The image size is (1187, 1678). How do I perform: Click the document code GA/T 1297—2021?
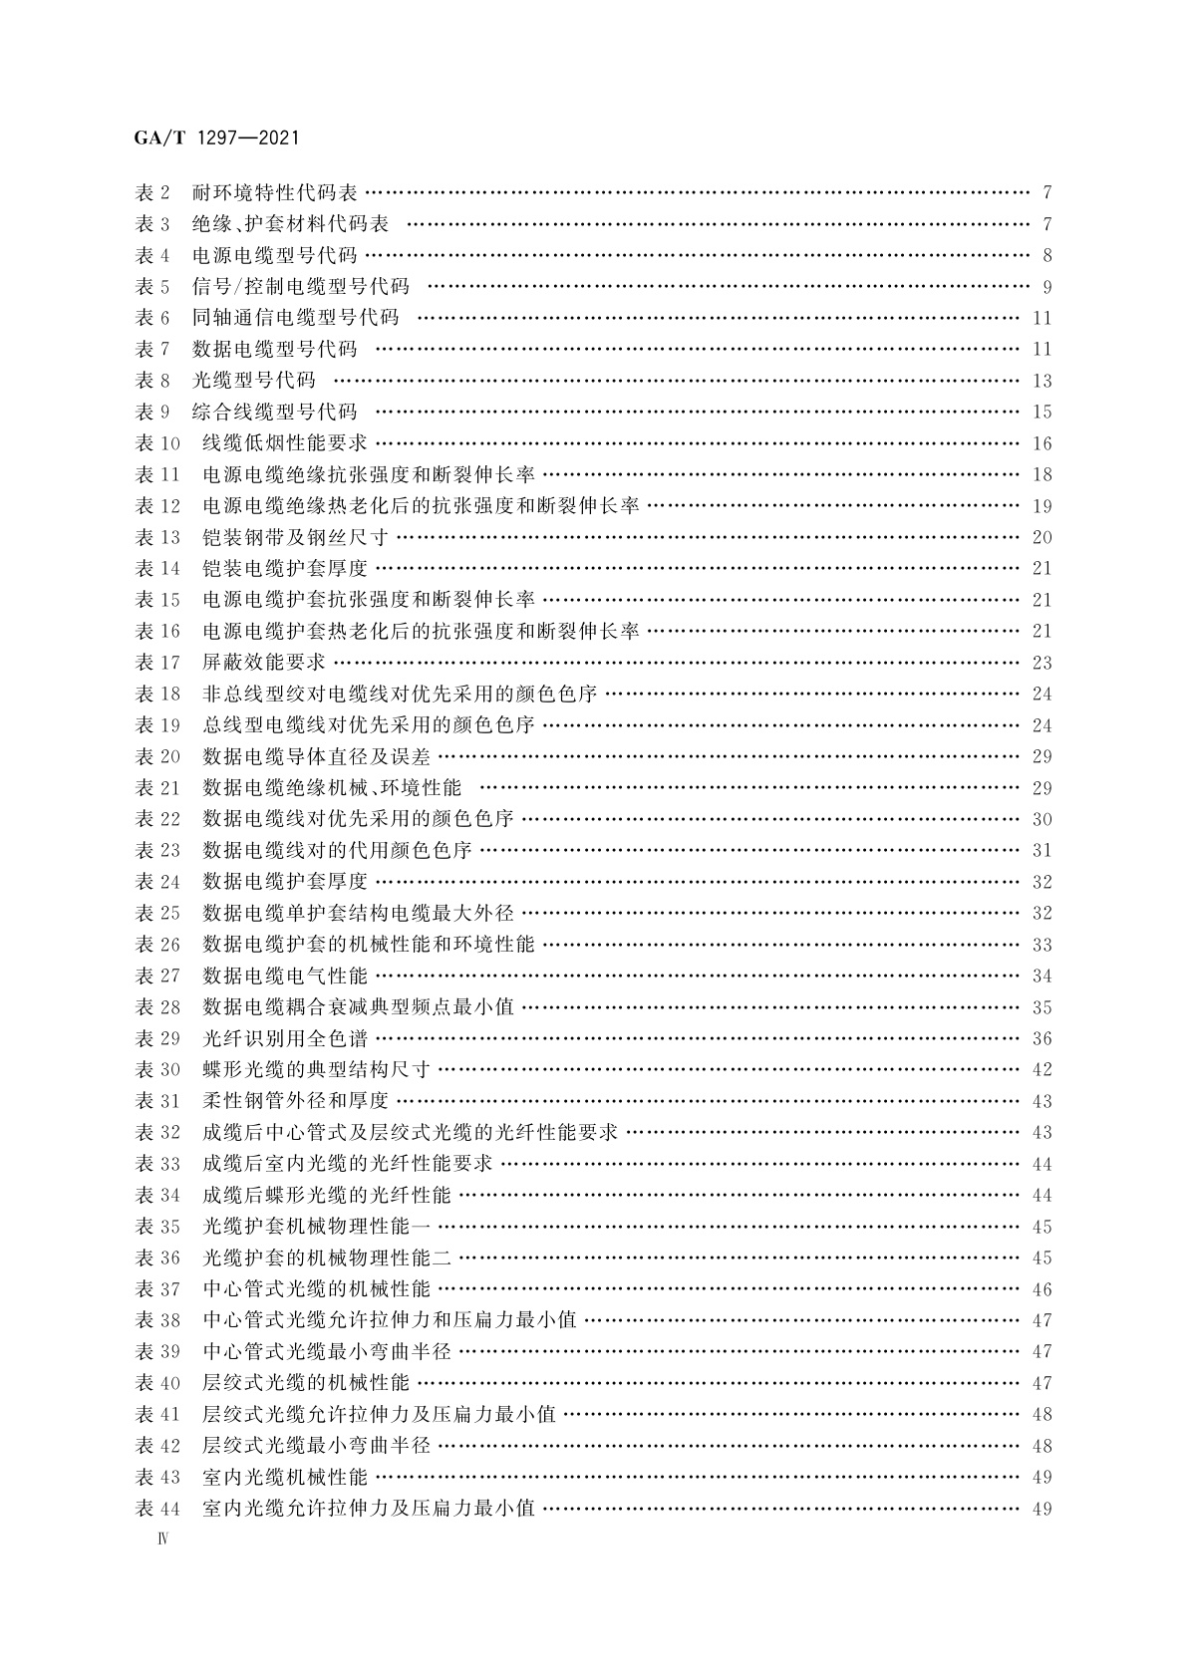pos(215,139)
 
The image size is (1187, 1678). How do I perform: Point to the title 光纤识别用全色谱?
pos(285,1038)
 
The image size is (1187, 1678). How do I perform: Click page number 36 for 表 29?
pos(1041,1038)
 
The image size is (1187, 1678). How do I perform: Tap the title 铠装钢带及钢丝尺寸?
pos(295,537)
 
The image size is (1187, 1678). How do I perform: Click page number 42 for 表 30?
pos(1041,1070)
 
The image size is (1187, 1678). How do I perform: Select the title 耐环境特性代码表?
pos(274,192)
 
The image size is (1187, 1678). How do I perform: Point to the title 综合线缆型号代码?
pos(274,412)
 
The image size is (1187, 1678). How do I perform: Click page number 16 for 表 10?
pos(1041,443)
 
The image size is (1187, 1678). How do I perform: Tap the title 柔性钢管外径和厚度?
pos(295,1101)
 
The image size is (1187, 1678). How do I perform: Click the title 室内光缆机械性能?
pos(285,1477)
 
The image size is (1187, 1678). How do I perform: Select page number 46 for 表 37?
pos(1041,1289)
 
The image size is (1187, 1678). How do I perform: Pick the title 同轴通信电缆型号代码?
pos(295,318)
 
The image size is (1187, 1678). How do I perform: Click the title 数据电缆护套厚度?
pos(285,882)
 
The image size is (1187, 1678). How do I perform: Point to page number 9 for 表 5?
pos(1046,287)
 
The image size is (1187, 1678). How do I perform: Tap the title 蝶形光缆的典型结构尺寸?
pos(316,1070)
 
